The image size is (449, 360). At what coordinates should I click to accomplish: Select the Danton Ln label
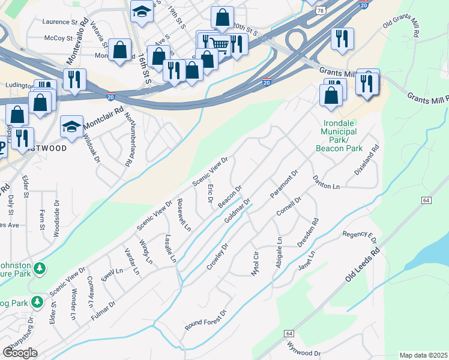326,182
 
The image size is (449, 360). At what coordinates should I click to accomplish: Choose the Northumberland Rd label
128,140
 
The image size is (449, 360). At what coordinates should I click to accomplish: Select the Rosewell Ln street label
184,215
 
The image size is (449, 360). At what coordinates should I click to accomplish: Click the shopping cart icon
220,44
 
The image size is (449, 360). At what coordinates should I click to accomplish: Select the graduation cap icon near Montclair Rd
71,127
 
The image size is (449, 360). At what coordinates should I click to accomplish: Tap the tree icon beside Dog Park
37,301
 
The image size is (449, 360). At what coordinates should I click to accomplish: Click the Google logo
20,353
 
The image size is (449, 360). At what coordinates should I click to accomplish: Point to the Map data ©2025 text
423,355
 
